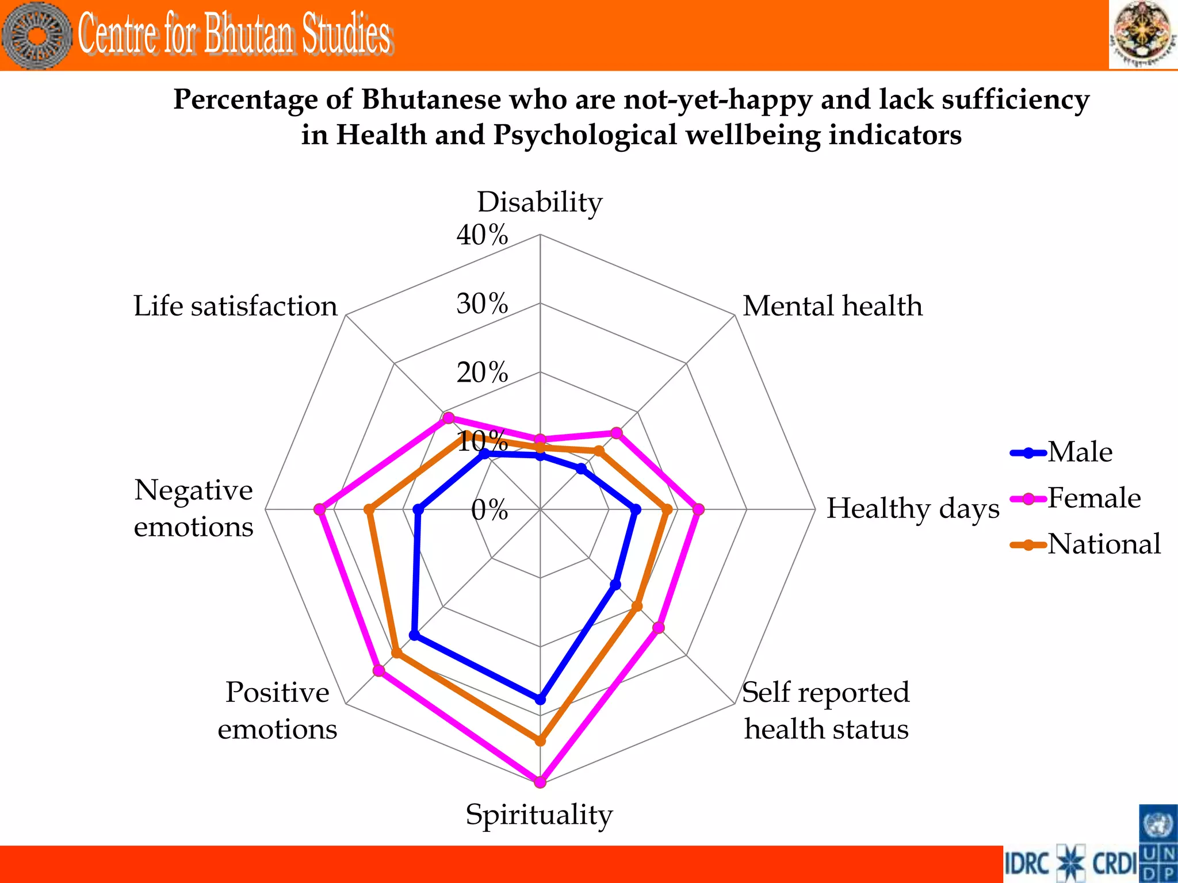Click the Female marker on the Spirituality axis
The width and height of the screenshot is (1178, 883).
(x=540, y=781)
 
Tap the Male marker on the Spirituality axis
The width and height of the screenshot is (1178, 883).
(x=540, y=699)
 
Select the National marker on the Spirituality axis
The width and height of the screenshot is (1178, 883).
(x=540, y=740)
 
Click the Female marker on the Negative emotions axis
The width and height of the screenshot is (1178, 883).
(x=320, y=509)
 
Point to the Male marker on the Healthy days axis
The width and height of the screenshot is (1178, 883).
(x=635, y=509)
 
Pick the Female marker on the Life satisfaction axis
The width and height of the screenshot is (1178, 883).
(x=448, y=418)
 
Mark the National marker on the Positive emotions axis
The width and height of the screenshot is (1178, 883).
(x=396, y=653)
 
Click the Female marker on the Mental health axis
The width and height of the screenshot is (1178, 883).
(x=616, y=433)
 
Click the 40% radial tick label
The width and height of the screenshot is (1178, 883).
(x=482, y=235)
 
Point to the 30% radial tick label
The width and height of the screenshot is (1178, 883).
(x=482, y=304)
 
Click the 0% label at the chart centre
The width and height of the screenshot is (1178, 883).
(x=489, y=510)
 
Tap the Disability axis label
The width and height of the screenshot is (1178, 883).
(x=540, y=202)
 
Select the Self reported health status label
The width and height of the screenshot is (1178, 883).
(x=826, y=711)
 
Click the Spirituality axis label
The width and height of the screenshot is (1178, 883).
(x=540, y=815)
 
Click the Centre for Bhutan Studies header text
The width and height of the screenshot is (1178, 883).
(x=235, y=34)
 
